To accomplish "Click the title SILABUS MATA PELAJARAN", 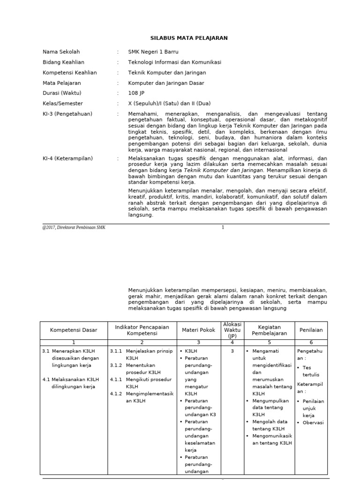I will (x=188, y=38).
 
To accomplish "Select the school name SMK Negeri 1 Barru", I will (x=153, y=52).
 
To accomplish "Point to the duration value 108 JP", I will (x=136, y=93).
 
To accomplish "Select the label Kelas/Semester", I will (x=63, y=104).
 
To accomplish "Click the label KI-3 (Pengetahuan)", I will (x=67, y=114).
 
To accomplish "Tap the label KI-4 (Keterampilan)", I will (x=67, y=158).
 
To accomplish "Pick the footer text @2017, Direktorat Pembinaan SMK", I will (x=74, y=227).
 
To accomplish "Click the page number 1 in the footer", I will (x=223, y=227).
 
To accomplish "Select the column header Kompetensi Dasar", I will (x=74, y=330).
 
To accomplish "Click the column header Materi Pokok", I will (x=198, y=330).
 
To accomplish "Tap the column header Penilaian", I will (x=311, y=330).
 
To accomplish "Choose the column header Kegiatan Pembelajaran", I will (x=269, y=330).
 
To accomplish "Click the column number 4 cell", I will (x=232, y=343).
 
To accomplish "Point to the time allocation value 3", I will (x=232, y=351).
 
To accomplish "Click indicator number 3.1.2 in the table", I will (x=117, y=365).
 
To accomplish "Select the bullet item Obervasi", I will (x=313, y=422).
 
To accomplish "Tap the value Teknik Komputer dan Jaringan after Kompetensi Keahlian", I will (x=167, y=73).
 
